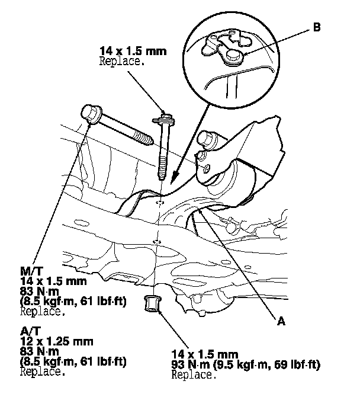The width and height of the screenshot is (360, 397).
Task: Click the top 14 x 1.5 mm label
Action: (133, 51)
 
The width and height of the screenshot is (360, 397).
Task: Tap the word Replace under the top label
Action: (121, 60)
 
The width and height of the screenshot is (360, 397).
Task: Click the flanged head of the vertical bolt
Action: (162, 120)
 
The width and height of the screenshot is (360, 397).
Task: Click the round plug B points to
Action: (234, 55)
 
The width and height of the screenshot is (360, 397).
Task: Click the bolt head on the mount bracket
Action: (208, 139)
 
